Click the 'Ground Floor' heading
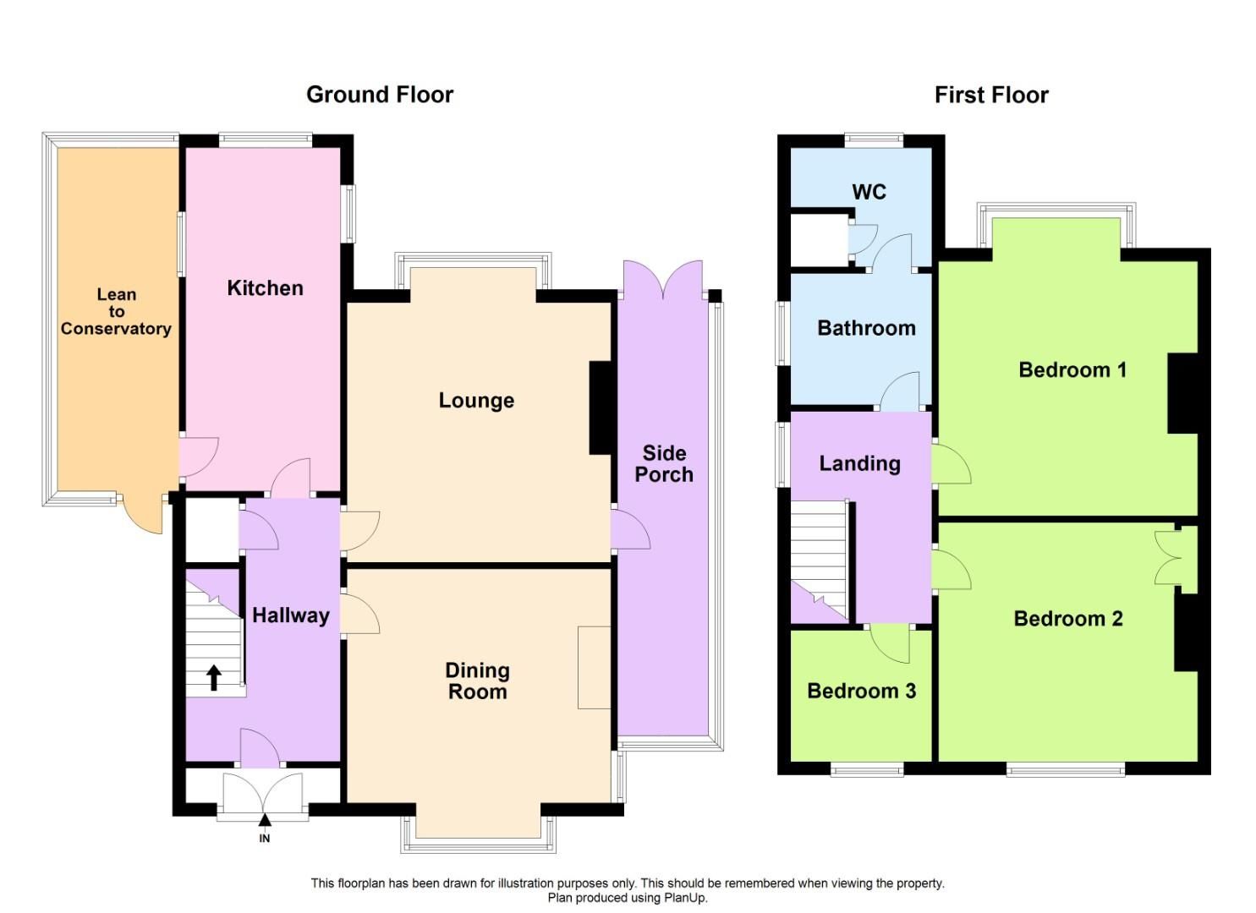379,95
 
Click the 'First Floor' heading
991,95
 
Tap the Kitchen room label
265,288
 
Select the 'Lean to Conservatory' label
116,312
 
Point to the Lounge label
476,401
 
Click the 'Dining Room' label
477,681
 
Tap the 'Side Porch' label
664,464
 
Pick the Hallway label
291,615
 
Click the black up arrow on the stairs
214,678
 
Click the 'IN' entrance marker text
265,839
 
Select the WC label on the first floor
869,192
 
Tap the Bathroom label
866,328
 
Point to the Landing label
859,463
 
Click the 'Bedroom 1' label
1072,370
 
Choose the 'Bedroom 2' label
1068,619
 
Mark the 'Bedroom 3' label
861,692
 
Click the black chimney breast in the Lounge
601,408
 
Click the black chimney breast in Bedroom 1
1182,393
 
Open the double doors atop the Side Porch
663,280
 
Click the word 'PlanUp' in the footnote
686,898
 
